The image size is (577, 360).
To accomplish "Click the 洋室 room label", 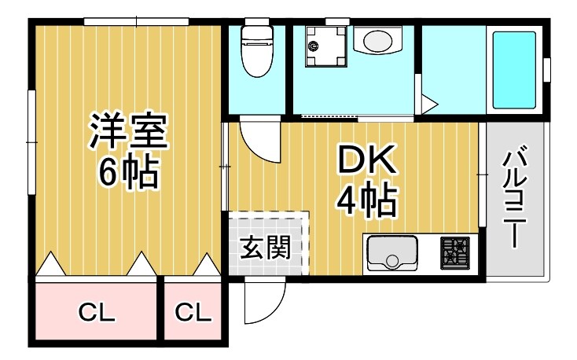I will [x=127, y=132].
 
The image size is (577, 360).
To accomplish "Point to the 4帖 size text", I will [x=366, y=201].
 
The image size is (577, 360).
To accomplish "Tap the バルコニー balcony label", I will [x=515, y=197].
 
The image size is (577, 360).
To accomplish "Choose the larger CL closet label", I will [x=97, y=313].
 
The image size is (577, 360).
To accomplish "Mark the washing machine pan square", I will [x=323, y=46].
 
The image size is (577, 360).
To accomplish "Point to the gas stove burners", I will [x=453, y=253].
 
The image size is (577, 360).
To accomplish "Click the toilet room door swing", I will [x=259, y=139].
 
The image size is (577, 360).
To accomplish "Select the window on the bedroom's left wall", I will [x=32, y=141].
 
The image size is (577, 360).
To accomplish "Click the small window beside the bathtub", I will [x=546, y=69].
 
